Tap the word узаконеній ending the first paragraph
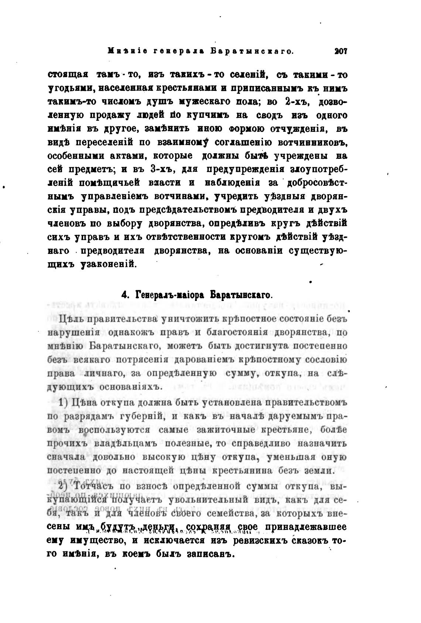coord(109,265)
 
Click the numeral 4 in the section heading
coord(125,295)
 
